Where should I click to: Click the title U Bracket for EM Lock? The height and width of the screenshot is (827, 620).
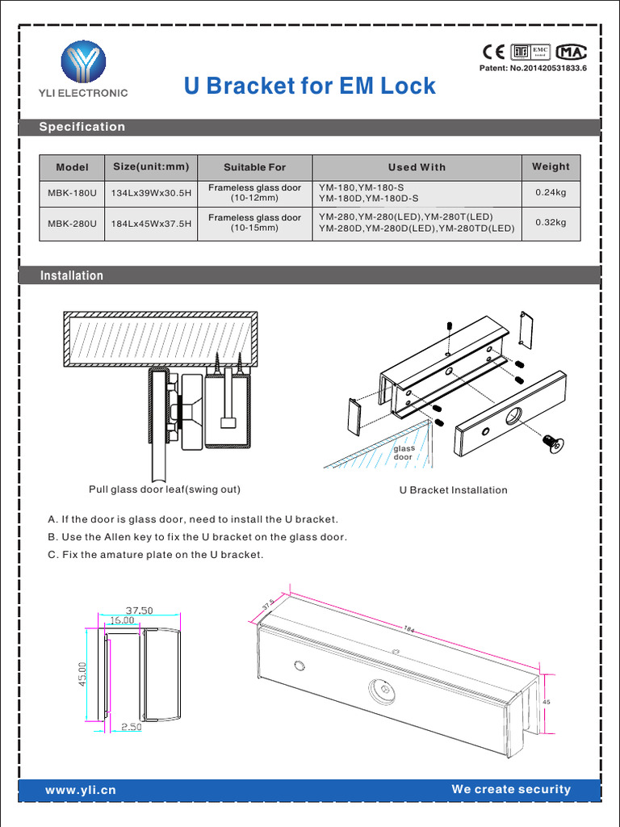click(310, 86)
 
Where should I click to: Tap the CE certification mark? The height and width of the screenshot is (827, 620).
click(492, 52)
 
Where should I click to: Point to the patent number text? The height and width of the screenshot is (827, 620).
click(533, 70)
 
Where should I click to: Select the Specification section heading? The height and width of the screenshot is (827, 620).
click(82, 127)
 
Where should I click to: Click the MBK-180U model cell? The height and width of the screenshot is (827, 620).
click(72, 193)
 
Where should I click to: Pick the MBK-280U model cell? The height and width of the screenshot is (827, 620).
click(72, 223)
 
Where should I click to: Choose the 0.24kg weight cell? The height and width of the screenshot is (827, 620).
click(551, 193)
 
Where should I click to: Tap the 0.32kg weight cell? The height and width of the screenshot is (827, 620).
click(551, 223)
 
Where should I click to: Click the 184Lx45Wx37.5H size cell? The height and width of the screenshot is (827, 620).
click(152, 223)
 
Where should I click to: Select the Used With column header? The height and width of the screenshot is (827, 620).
click(417, 167)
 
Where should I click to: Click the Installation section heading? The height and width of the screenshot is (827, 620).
click(72, 275)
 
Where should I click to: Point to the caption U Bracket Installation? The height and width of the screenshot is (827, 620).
click(453, 490)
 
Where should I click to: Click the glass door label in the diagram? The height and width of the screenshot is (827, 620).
click(403, 453)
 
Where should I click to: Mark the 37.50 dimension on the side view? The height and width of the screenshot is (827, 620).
click(139, 611)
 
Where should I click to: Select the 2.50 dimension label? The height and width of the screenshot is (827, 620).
click(131, 727)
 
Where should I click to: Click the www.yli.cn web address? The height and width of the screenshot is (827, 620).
click(81, 790)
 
